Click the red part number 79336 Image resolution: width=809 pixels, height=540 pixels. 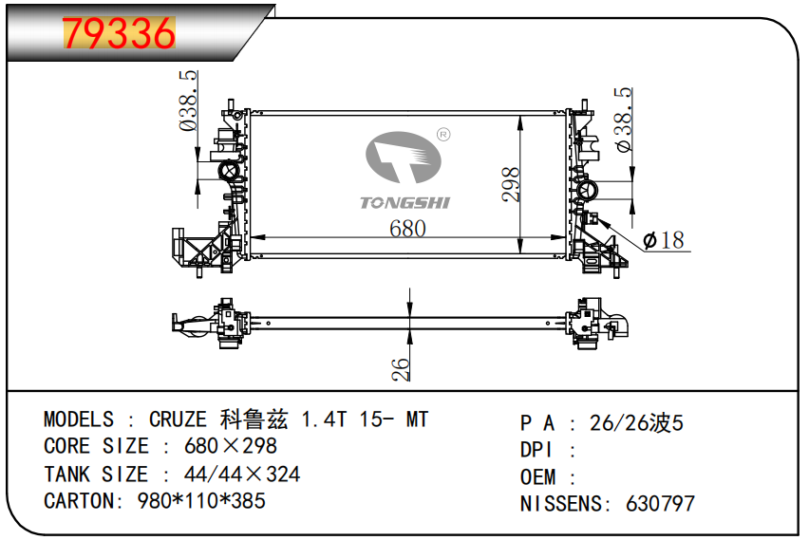(120, 33)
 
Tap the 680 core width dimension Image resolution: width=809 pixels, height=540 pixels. (407, 229)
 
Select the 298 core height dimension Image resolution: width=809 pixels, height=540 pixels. (510, 184)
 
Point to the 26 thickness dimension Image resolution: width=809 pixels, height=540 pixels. (401, 369)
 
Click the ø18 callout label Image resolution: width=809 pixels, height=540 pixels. (664, 240)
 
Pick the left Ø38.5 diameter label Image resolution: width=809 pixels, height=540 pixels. (188, 102)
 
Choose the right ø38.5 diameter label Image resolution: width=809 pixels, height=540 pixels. (623, 120)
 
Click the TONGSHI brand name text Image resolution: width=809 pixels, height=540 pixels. (405, 203)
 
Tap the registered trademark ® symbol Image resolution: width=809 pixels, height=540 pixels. (443, 135)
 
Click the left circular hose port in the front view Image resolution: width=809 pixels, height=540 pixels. (228, 171)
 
